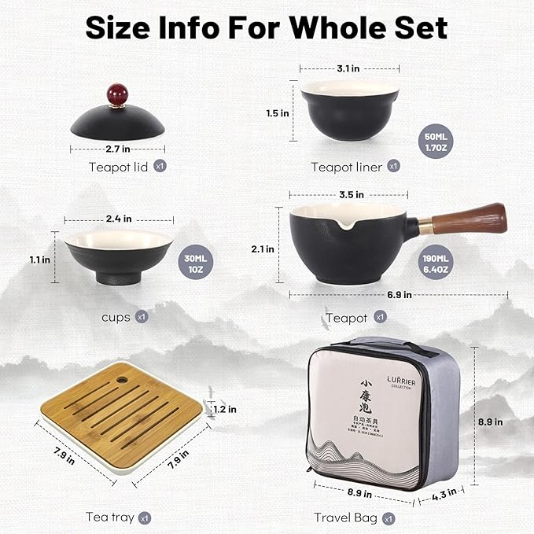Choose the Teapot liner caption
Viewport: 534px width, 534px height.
[x=346, y=166]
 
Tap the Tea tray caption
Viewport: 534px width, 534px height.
[x=110, y=517]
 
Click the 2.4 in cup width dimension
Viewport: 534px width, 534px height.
[x=118, y=219]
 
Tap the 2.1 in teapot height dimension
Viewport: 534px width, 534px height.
[x=264, y=249]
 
